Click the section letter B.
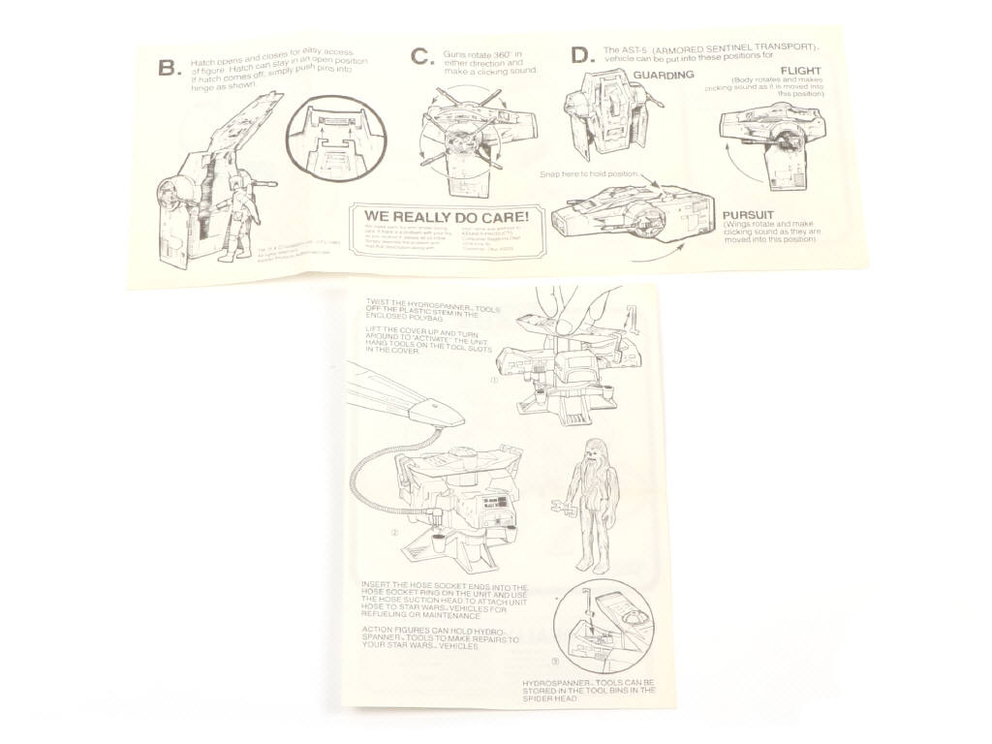[169, 68]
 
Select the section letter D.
[581, 55]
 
